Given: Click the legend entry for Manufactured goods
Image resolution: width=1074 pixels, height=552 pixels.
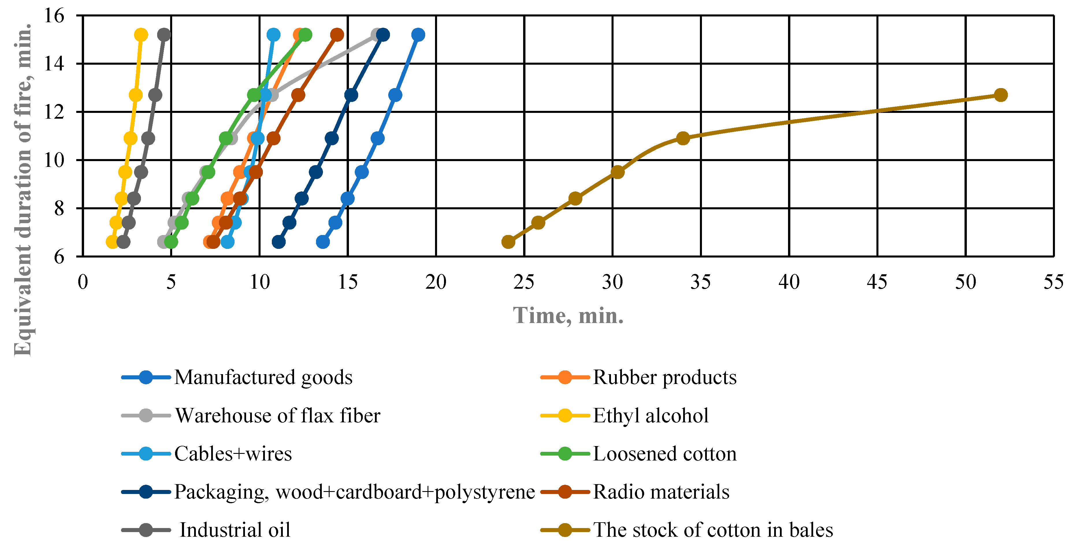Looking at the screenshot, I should [x=263, y=377].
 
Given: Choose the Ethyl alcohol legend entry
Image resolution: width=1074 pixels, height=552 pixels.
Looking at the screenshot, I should [x=651, y=416].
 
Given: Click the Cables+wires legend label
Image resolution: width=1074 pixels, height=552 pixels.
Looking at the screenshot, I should [x=233, y=454].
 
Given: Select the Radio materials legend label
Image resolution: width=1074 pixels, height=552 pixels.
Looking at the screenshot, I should [x=661, y=492].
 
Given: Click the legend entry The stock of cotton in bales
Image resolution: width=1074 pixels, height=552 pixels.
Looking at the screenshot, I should [x=713, y=530].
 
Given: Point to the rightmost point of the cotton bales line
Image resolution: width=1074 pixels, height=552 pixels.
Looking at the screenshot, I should [x=1001, y=95].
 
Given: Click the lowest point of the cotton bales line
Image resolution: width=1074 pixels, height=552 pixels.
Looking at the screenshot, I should [x=508, y=242].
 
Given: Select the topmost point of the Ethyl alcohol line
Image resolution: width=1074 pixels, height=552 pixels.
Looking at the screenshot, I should [x=141, y=35].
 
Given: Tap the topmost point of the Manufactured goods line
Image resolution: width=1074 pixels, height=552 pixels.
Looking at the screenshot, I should [x=418, y=35].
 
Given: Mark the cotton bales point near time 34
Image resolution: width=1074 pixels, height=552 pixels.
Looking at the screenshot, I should [x=683, y=138].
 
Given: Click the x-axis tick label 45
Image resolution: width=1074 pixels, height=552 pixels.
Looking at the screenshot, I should [x=877, y=282].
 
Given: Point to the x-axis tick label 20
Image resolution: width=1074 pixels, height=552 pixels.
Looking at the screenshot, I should [x=436, y=282].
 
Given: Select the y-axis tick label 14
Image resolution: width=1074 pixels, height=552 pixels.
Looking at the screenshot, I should [x=54, y=64].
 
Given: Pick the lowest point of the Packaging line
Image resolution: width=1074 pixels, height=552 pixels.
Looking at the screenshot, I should [x=278, y=242].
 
